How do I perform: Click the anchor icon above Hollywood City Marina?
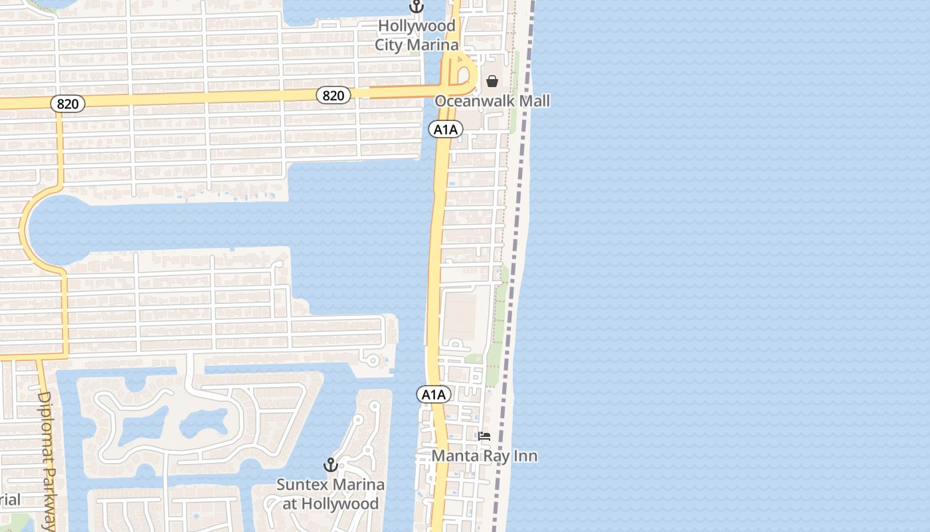point(417,7)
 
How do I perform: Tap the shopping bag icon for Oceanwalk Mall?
point(492,81)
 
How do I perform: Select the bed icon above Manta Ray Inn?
point(484,436)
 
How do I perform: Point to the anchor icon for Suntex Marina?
point(330,465)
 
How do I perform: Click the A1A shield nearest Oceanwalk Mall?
point(445,129)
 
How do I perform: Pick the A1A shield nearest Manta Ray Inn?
point(434,395)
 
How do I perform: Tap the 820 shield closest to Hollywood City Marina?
point(333,96)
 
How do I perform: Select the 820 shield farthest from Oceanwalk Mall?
point(68,104)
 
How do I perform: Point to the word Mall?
point(535,101)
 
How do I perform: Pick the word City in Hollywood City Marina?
point(389,45)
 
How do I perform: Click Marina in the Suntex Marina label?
point(359,484)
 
